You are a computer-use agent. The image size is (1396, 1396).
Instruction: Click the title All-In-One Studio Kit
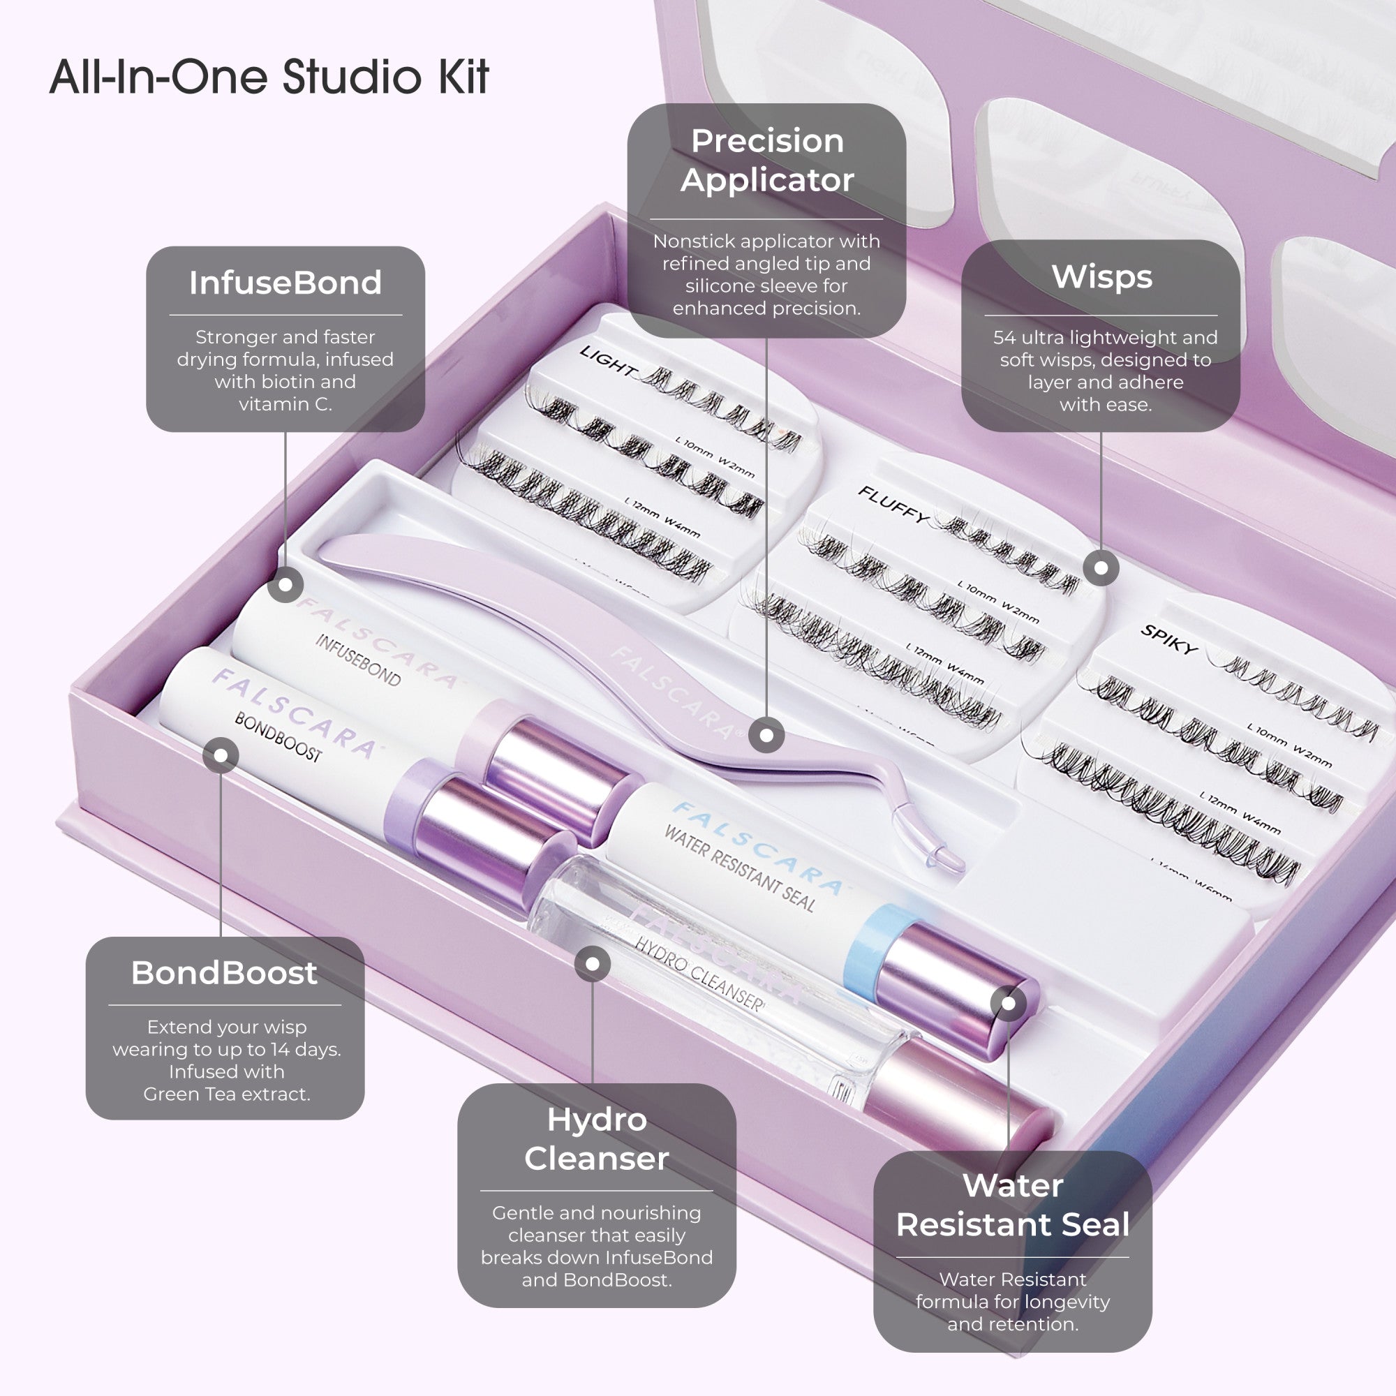(269, 77)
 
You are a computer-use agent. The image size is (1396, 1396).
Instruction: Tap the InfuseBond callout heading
(285, 283)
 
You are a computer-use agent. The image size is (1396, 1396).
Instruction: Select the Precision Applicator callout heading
(766, 160)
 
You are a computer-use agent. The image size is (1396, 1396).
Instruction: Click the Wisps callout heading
(1101, 276)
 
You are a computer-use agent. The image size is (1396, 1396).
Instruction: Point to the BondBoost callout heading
(224, 973)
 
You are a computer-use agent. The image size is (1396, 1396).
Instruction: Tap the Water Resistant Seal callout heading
(1012, 1205)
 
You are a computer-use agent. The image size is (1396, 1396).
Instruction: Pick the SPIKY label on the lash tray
(1168, 639)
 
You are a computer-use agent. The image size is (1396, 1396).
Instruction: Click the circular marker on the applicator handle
(766, 736)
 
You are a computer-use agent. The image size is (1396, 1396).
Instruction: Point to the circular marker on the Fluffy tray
(1101, 568)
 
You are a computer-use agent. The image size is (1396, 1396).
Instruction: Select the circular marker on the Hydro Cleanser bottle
(593, 964)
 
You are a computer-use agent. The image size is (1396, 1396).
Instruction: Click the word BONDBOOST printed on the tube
(279, 738)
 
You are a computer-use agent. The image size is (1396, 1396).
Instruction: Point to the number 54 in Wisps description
(1004, 337)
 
